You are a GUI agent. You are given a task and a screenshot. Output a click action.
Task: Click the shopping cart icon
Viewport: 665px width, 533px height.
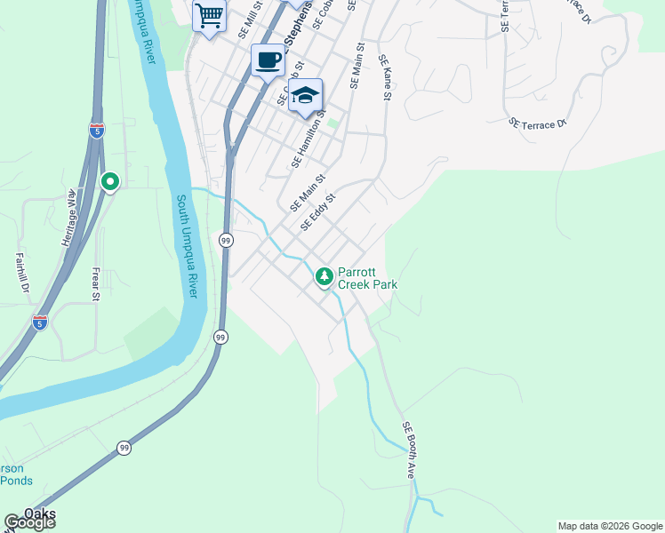click(209, 14)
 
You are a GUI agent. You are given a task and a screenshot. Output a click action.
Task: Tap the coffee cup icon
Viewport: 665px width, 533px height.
click(268, 60)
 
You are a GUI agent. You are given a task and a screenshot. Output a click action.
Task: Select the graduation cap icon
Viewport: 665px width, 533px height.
click(305, 95)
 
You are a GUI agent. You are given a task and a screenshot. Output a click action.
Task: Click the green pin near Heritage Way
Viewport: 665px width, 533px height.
click(110, 182)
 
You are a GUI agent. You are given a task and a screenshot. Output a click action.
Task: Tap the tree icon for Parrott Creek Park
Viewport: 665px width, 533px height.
click(324, 277)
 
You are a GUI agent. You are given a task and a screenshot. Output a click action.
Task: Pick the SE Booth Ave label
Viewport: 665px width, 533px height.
click(410, 450)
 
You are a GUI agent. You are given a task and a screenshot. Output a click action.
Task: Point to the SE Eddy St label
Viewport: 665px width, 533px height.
click(316, 212)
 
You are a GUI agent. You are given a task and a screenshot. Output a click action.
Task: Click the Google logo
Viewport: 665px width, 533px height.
click(29, 522)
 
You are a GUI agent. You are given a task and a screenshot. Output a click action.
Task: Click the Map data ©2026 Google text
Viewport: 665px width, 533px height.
click(610, 526)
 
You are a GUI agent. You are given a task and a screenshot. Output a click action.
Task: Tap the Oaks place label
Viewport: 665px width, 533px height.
click(40, 513)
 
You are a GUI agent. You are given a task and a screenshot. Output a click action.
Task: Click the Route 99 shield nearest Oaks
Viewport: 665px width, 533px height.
click(124, 448)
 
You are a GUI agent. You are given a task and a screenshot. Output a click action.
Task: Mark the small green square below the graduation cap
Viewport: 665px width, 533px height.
click(332, 123)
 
